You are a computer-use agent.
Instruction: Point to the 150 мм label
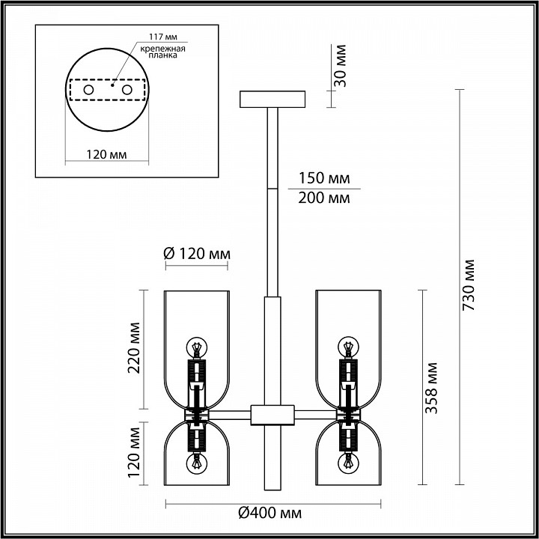tap(323, 180)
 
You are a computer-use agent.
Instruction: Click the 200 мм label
tap(323, 198)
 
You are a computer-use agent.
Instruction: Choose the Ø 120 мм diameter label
tap(196, 253)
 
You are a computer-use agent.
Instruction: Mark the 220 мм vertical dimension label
tap(135, 348)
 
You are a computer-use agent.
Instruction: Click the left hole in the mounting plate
tap(88, 90)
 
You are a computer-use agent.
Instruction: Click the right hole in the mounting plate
tap(127, 90)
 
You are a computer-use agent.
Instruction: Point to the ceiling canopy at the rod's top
tap(272, 99)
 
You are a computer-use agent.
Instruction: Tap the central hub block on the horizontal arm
tap(272, 413)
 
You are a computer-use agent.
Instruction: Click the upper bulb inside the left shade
tap(196, 347)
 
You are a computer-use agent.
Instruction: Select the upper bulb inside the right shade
tap(347, 347)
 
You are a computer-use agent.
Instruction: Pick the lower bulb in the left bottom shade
tap(196, 463)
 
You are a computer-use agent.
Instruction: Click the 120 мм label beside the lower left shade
tap(135, 453)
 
